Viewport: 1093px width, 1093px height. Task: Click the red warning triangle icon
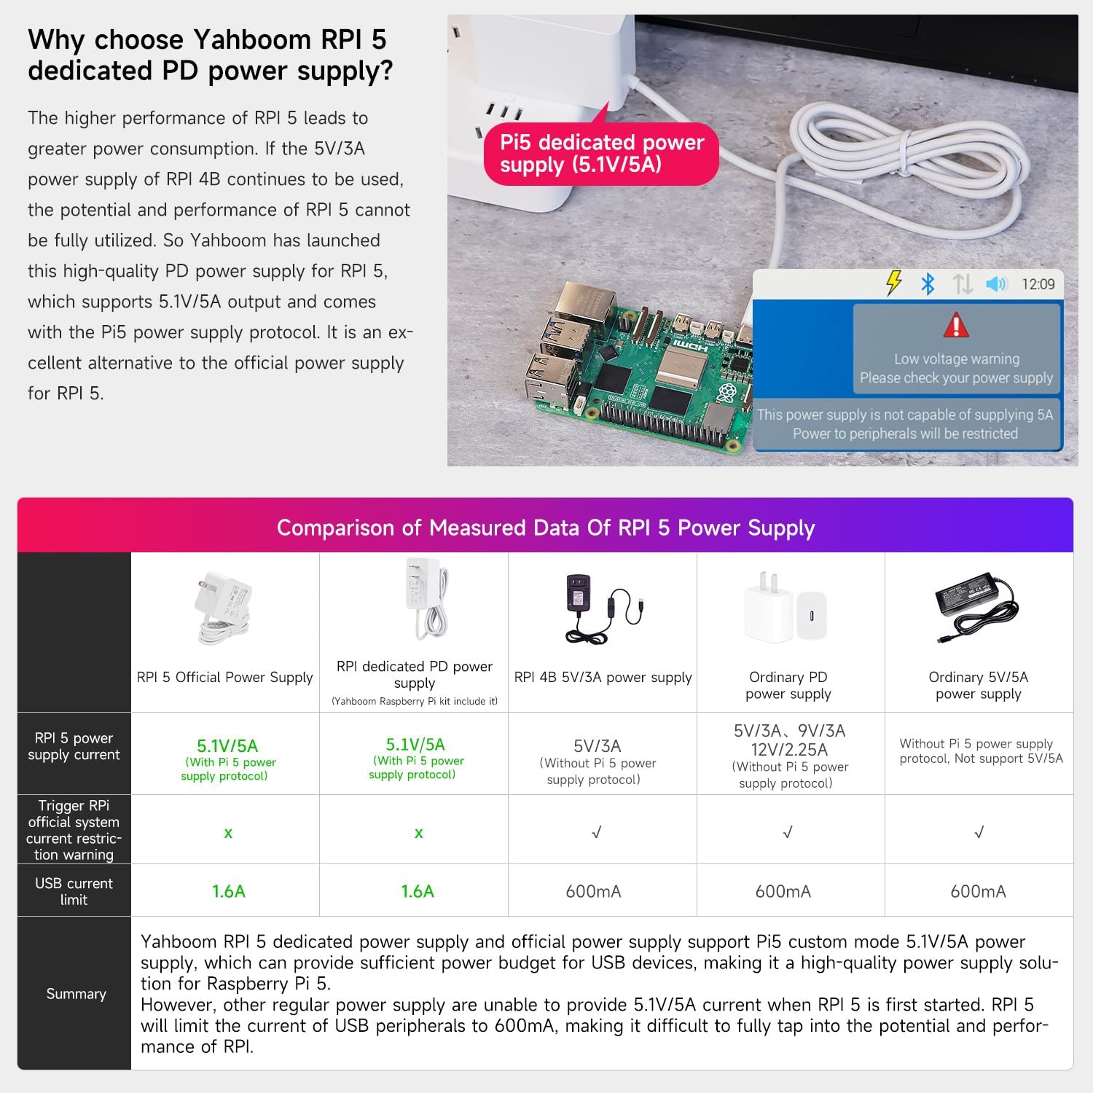956,325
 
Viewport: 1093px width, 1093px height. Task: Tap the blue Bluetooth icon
928,283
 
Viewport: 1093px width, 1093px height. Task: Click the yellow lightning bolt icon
894,283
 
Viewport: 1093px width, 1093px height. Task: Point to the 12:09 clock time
1038,284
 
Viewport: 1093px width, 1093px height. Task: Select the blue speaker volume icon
995,283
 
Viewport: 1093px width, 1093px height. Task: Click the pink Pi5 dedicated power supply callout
602,153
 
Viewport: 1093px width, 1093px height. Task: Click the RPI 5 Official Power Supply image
224,608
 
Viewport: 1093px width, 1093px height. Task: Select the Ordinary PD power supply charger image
786,608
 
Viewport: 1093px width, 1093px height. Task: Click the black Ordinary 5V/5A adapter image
976,607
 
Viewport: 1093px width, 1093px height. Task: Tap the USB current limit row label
74,891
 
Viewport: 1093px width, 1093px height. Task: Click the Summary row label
76,994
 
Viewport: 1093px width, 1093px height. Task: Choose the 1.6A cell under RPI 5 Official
229,891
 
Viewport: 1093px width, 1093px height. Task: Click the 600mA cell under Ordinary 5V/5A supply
978,891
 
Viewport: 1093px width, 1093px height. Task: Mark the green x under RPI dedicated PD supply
418,833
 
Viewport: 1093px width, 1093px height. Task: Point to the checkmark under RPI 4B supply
597,832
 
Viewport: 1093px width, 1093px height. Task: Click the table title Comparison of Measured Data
546,528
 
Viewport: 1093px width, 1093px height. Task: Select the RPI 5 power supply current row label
74,746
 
